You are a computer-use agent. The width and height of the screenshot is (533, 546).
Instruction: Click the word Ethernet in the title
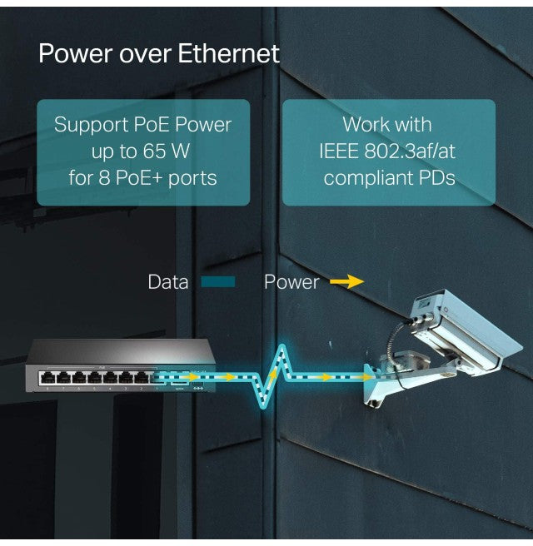tap(229, 54)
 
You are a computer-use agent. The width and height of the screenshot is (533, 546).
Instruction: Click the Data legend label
tap(167, 282)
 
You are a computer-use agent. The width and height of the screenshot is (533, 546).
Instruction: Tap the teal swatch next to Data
tap(217, 282)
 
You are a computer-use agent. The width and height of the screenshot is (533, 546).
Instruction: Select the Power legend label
tap(291, 282)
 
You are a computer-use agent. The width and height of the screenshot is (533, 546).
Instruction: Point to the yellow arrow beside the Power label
tap(346, 282)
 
